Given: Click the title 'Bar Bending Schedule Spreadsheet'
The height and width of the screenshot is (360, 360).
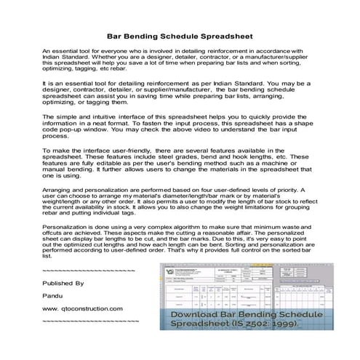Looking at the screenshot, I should pyautogui.click(x=180, y=33).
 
